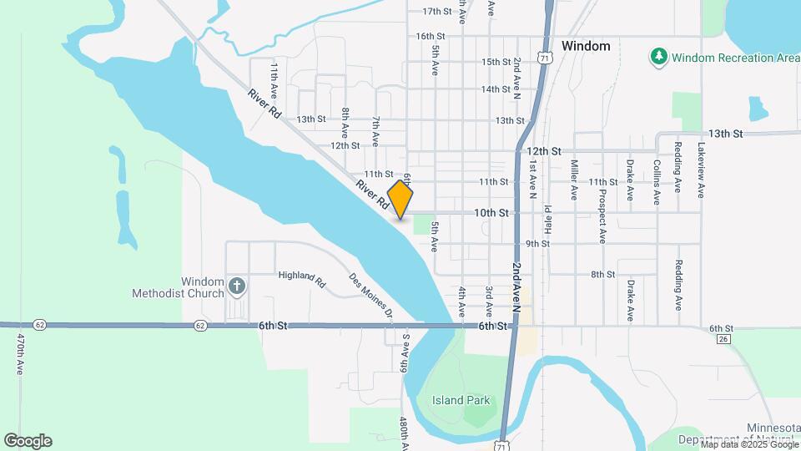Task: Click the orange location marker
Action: [x=400, y=200]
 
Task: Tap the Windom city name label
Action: [x=586, y=46]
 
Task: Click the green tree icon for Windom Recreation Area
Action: [x=659, y=57]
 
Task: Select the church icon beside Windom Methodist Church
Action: [x=237, y=287]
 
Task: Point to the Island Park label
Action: [x=461, y=400]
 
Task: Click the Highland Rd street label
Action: [x=301, y=275]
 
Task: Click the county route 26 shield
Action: [x=723, y=338]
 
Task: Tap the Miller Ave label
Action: [x=574, y=180]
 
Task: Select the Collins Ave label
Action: [x=657, y=182]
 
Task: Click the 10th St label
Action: [x=491, y=213]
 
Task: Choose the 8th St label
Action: [x=602, y=274]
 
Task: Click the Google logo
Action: [x=28, y=440]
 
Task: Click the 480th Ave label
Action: [x=403, y=433]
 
